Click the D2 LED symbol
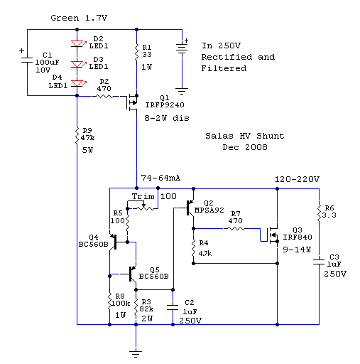click(x=77, y=44)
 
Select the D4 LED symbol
click(x=77, y=83)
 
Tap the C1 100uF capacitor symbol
click(x=27, y=60)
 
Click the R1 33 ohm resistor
click(x=136, y=53)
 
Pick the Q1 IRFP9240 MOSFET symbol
click(x=132, y=102)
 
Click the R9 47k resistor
click(x=77, y=136)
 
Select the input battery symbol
click(x=182, y=49)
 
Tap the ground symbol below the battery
click(x=182, y=91)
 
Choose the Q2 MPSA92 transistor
click(x=190, y=208)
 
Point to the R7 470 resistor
click(x=234, y=229)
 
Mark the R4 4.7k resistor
click(x=193, y=247)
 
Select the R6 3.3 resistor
click(x=319, y=213)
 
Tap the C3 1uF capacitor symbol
click(x=319, y=262)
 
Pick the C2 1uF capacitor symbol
click(x=173, y=307)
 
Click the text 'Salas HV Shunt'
click(x=244, y=136)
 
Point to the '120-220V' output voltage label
click(x=297, y=179)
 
